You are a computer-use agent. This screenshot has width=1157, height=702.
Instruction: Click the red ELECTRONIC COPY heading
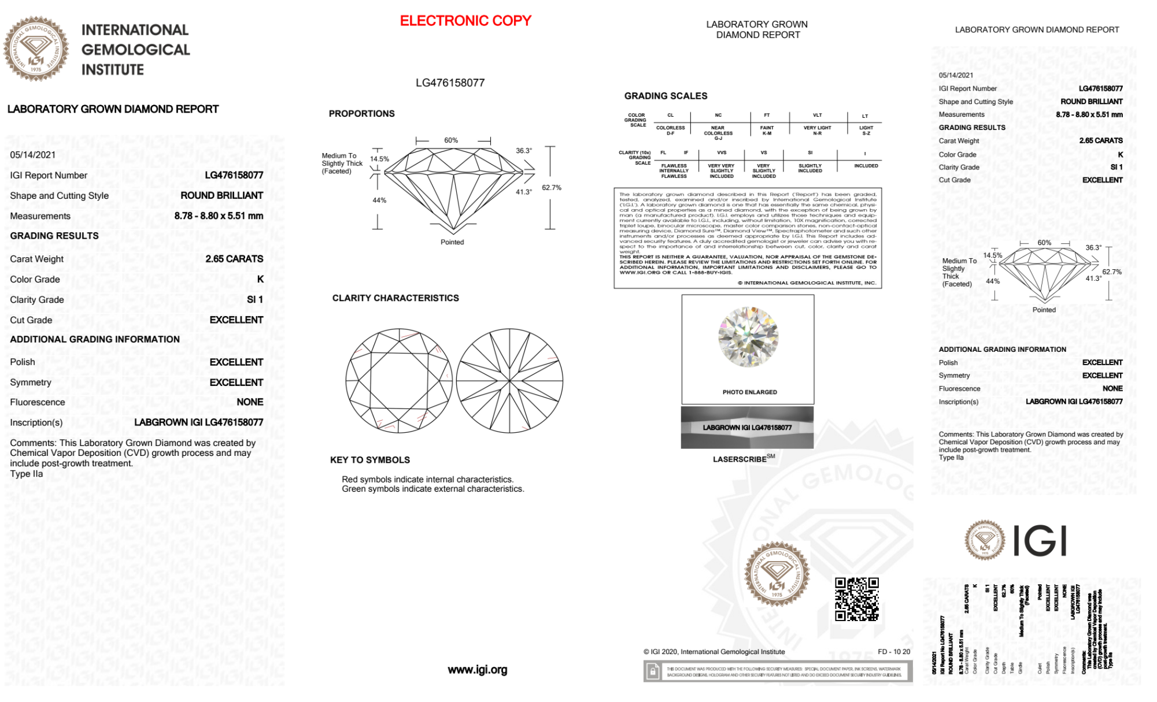(x=465, y=21)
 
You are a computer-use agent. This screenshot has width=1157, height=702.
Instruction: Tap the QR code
(x=857, y=599)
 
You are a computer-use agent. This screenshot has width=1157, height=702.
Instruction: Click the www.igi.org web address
(x=477, y=670)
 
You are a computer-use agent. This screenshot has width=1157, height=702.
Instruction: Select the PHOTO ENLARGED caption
(x=749, y=392)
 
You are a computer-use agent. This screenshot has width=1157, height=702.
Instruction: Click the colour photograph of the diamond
(x=748, y=337)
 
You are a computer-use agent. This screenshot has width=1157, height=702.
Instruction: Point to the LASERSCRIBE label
(x=740, y=459)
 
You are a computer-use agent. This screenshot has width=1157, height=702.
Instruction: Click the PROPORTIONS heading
(x=361, y=114)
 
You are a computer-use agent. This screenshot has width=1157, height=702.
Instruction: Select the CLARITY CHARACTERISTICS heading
(x=395, y=298)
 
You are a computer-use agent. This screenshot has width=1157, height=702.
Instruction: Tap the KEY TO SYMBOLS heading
(x=370, y=460)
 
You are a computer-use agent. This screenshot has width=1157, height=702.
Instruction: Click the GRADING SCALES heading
(x=666, y=96)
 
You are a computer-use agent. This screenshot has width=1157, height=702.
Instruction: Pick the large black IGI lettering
(x=1040, y=541)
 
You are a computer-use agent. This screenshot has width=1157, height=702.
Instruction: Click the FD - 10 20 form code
(x=893, y=652)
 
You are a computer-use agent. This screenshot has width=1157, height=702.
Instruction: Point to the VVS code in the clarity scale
(x=722, y=153)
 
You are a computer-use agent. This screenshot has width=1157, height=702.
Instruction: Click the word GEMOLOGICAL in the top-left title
(x=136, y=50)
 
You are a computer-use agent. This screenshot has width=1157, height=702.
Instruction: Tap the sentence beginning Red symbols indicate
(x=427, y=480)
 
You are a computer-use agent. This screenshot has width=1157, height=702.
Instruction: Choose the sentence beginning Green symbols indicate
(x=433, y=489)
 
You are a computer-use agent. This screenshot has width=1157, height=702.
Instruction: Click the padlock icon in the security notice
(x=653, y=672)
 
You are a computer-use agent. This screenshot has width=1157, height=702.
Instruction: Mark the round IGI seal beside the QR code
(x=777, y=574)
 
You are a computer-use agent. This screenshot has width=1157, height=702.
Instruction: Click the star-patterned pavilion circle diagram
(x=509, y=381)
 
